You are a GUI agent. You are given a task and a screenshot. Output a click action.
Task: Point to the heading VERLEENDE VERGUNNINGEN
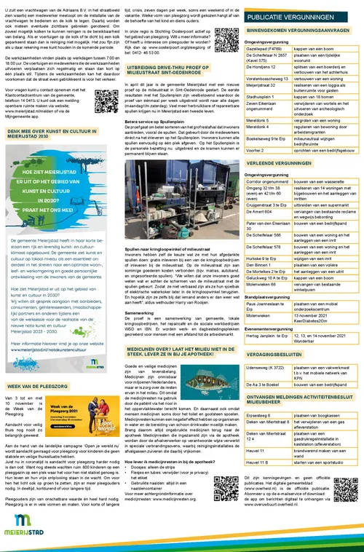tap(291, 165)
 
